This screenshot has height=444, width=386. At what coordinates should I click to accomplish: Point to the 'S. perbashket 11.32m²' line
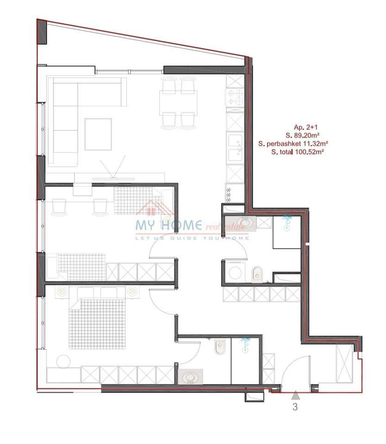pos(291,144)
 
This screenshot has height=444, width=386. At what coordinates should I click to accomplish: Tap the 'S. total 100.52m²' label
pos(297,152)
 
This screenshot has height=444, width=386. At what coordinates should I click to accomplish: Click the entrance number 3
pos(294,407)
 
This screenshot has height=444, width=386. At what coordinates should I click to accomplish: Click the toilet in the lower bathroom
pos(219,347)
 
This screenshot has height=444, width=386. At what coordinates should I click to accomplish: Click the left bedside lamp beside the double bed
pos(61,292)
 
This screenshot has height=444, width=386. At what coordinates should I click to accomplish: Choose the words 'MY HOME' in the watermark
pos(168,225)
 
